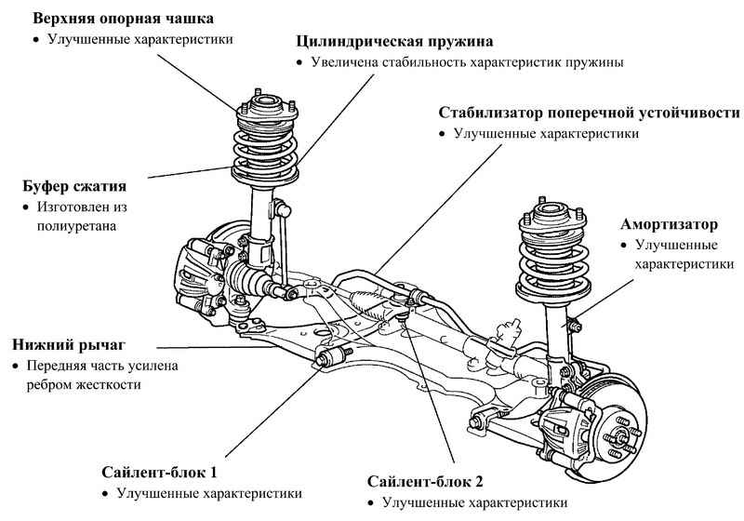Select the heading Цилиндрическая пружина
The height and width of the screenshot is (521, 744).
click(x=394, y=42)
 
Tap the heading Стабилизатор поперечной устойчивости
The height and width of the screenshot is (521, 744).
click(x=590, y=113)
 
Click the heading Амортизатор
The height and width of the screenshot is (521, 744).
click(x=670, y=225)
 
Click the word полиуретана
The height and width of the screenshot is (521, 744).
click(x=76, y=225)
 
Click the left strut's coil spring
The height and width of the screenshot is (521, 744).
click(x=265, y=144)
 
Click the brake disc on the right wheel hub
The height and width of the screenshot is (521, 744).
click(x=621, y=423)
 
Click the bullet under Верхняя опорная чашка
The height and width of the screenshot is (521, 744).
click(x=35, y=41)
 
